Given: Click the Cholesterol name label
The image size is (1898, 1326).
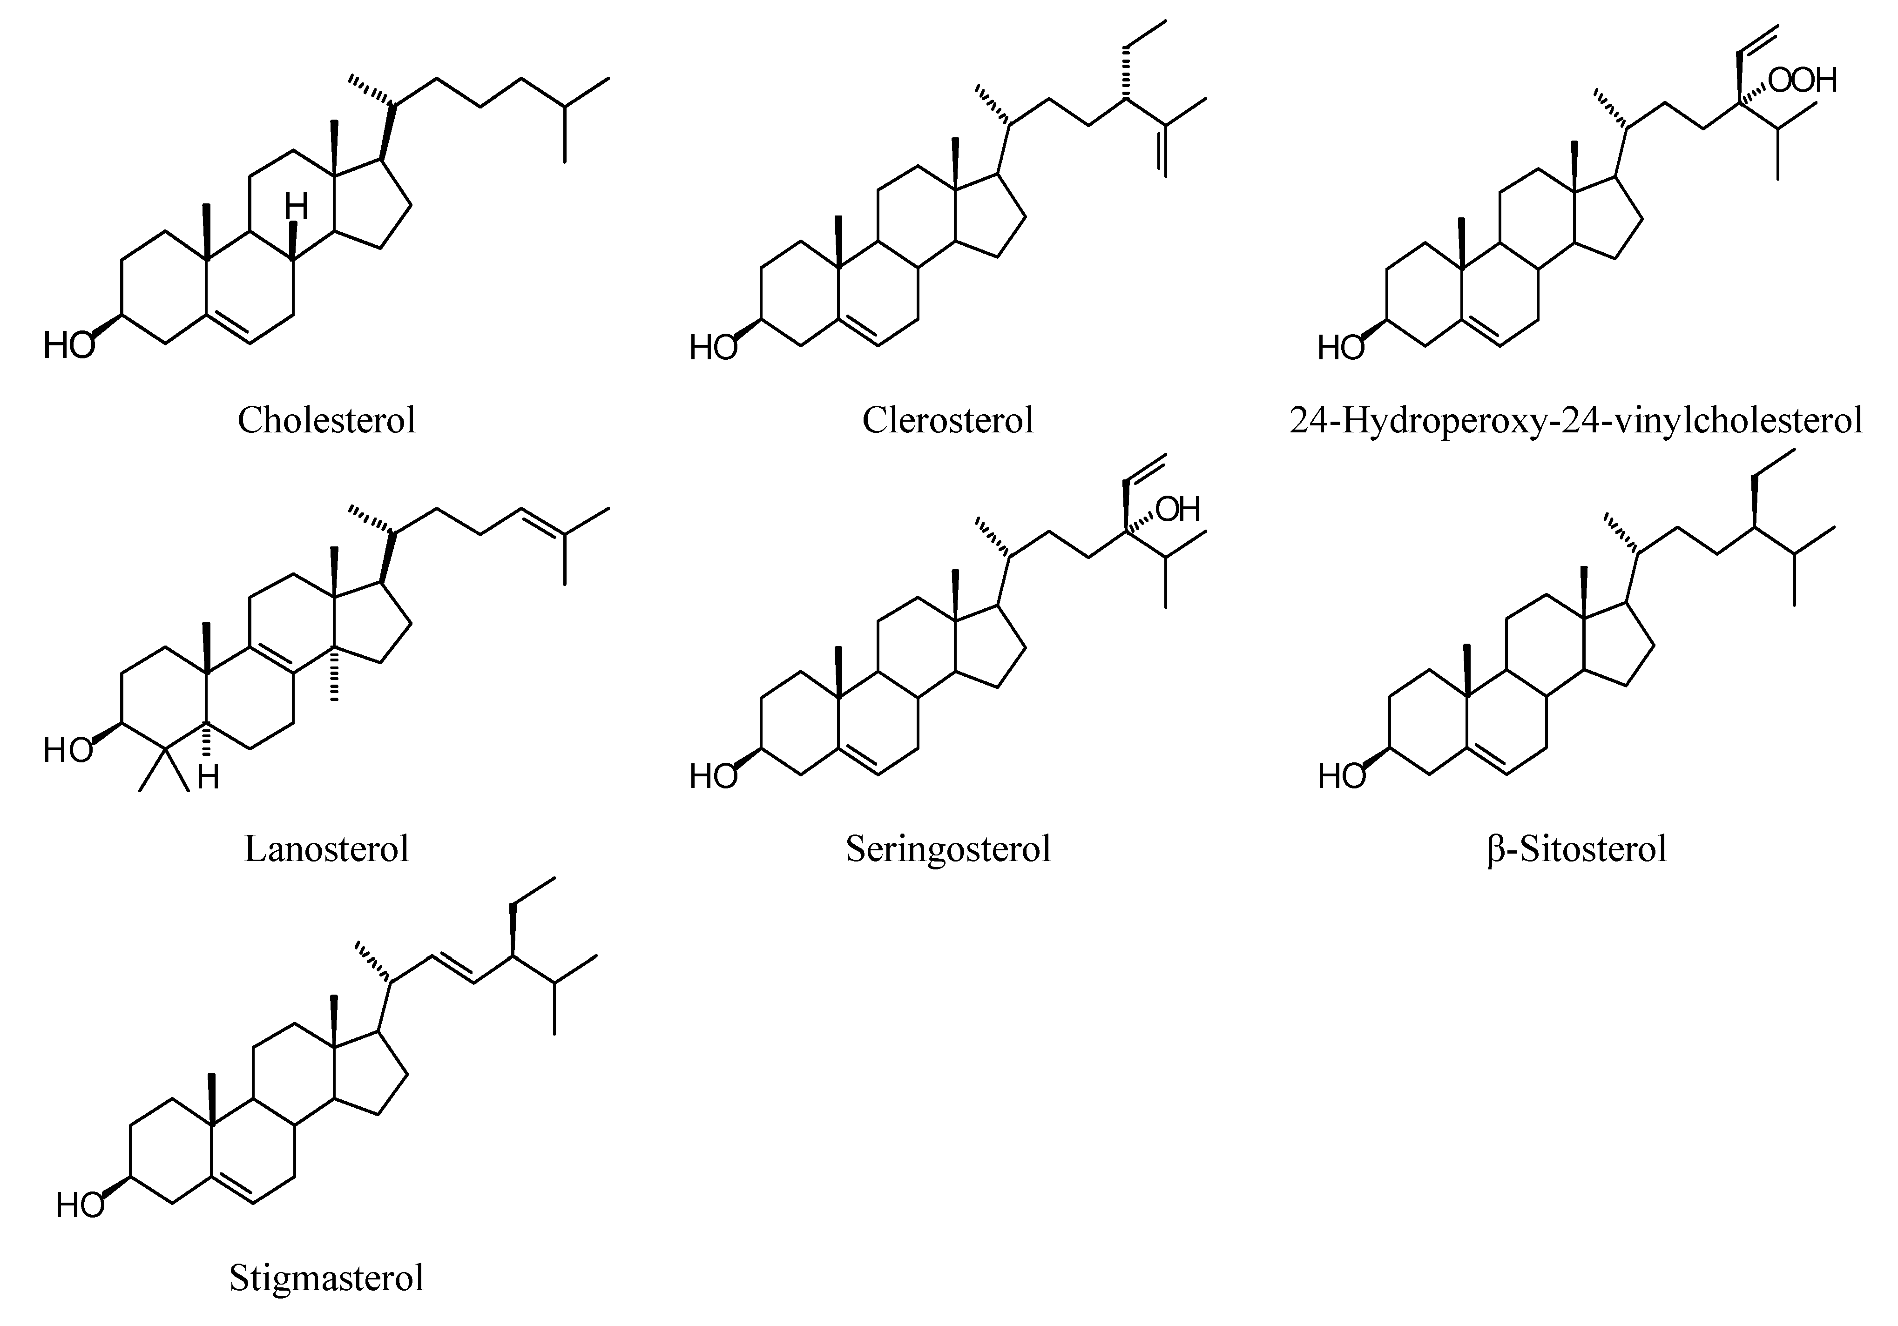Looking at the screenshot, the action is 326,420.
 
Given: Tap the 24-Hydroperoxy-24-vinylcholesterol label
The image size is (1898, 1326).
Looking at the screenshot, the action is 1575,420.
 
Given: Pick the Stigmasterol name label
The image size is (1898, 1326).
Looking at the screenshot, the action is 326,1277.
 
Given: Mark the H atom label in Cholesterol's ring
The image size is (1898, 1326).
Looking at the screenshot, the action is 296,207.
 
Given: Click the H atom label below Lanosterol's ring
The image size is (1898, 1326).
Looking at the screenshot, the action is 208,777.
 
